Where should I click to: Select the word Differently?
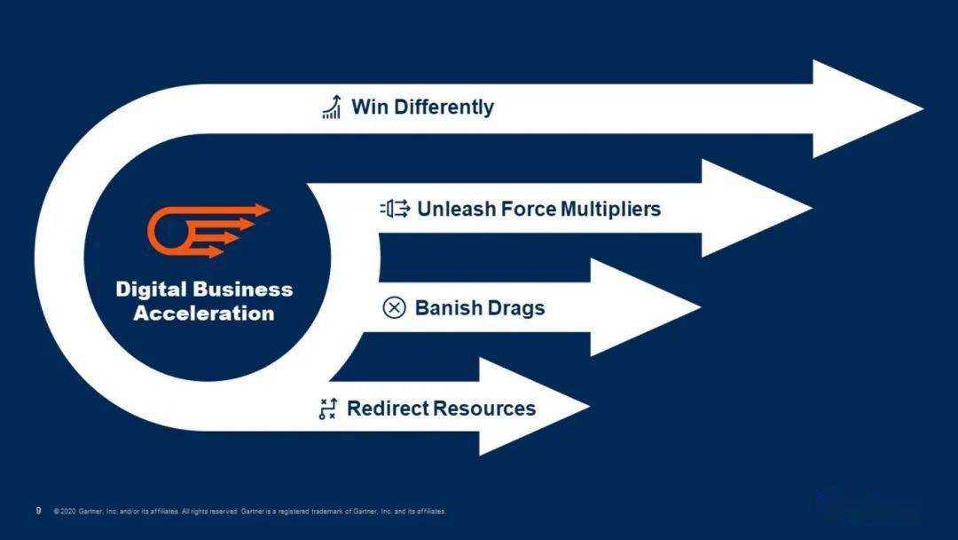click(444, 107)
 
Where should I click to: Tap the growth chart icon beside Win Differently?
click(331, 107)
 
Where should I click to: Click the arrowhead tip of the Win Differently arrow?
click(923, 109)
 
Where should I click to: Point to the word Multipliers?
click(610, 209)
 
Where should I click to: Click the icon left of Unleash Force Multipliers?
click(396, 209)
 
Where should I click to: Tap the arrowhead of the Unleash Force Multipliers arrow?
click(757, 208)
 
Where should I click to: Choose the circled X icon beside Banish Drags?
click(394, 307)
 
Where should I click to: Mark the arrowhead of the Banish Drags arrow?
click(645, 307)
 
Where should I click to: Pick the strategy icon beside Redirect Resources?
click(328, 408)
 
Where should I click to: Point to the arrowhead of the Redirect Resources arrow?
click(534, 406)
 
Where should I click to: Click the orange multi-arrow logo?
click(208, 231)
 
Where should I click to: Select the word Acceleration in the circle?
click(204, 314)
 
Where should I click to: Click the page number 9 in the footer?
click(38, 511)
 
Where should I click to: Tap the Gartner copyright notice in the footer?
click(250, 512)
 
